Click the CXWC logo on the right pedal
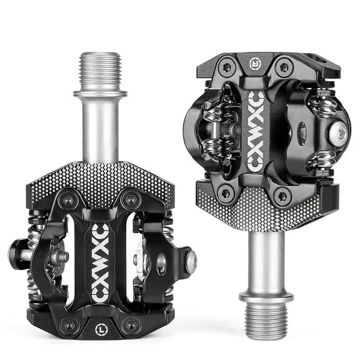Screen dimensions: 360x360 click(x=254, y=131)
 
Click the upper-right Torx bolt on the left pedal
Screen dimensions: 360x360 click(x=130, y=201)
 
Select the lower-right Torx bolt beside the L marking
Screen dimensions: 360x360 click(x=130, y=324)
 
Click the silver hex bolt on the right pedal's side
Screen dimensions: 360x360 click(x=338, y=132)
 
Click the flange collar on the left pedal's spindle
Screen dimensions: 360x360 click(x=101, y=95)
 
